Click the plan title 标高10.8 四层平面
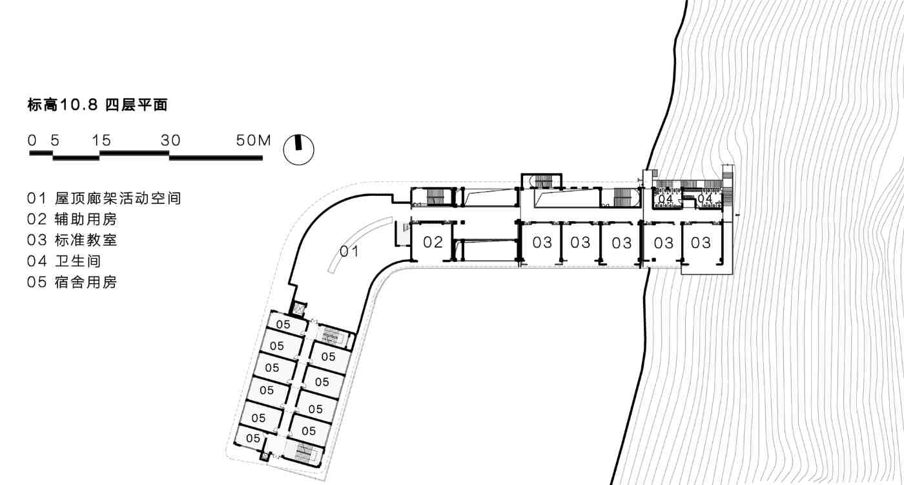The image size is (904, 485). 98,105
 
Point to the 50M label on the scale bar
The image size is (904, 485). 253,140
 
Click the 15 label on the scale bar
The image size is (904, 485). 101,140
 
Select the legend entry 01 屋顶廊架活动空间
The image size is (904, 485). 104,199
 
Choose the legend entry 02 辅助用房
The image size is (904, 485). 72,219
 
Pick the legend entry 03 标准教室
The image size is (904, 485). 72,240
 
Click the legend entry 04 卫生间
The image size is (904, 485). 64,261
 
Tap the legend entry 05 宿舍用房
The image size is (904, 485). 72,282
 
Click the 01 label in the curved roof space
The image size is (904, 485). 349,252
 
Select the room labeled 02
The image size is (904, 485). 433,242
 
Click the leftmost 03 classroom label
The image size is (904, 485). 542,242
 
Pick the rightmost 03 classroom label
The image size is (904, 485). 701,242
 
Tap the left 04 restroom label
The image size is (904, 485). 665,199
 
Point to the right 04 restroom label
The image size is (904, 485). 705,199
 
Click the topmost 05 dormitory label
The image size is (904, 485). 283,324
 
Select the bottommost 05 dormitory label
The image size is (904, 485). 253,438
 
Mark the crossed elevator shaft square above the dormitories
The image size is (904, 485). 300,309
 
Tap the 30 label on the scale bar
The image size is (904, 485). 170,140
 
